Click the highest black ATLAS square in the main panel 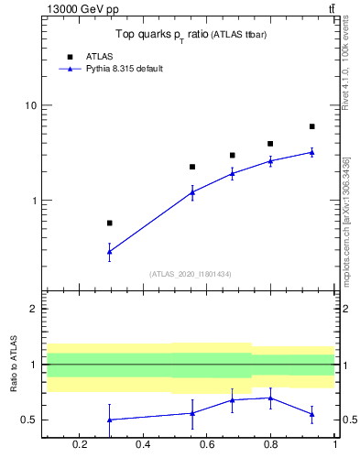tap(312, 126)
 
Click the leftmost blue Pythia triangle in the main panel tap(110, 251)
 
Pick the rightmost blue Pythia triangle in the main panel tap(312, 152)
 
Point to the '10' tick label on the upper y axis tap(31, 105)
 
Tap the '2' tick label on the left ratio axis tap(35, 310)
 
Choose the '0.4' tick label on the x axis tap(143, 445)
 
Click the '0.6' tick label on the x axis tap(207, 445)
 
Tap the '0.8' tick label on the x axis tap(270, 445)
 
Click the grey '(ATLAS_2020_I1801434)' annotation tap(190, 274)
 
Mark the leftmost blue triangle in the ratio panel tap(110, 420)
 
